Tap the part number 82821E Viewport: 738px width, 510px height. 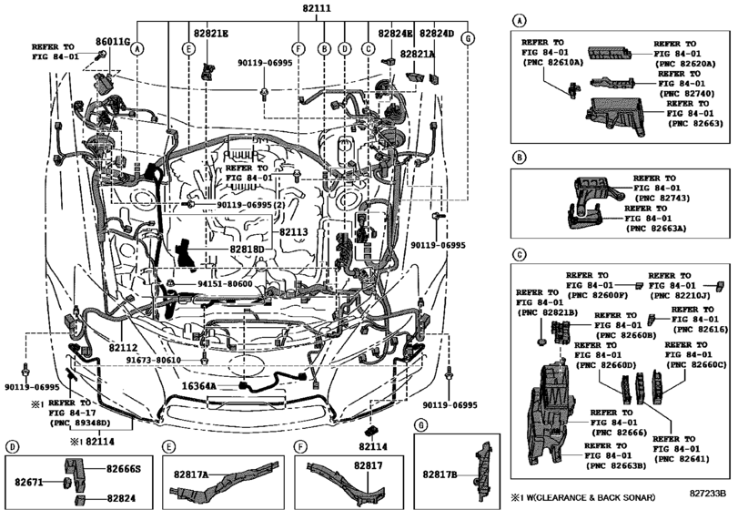[210, 34]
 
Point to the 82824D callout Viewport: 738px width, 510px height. [437, 34]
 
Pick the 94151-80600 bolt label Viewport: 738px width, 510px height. [225, 284]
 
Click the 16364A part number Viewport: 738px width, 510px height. [198, 386]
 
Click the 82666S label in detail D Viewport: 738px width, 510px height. [124, 468]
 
